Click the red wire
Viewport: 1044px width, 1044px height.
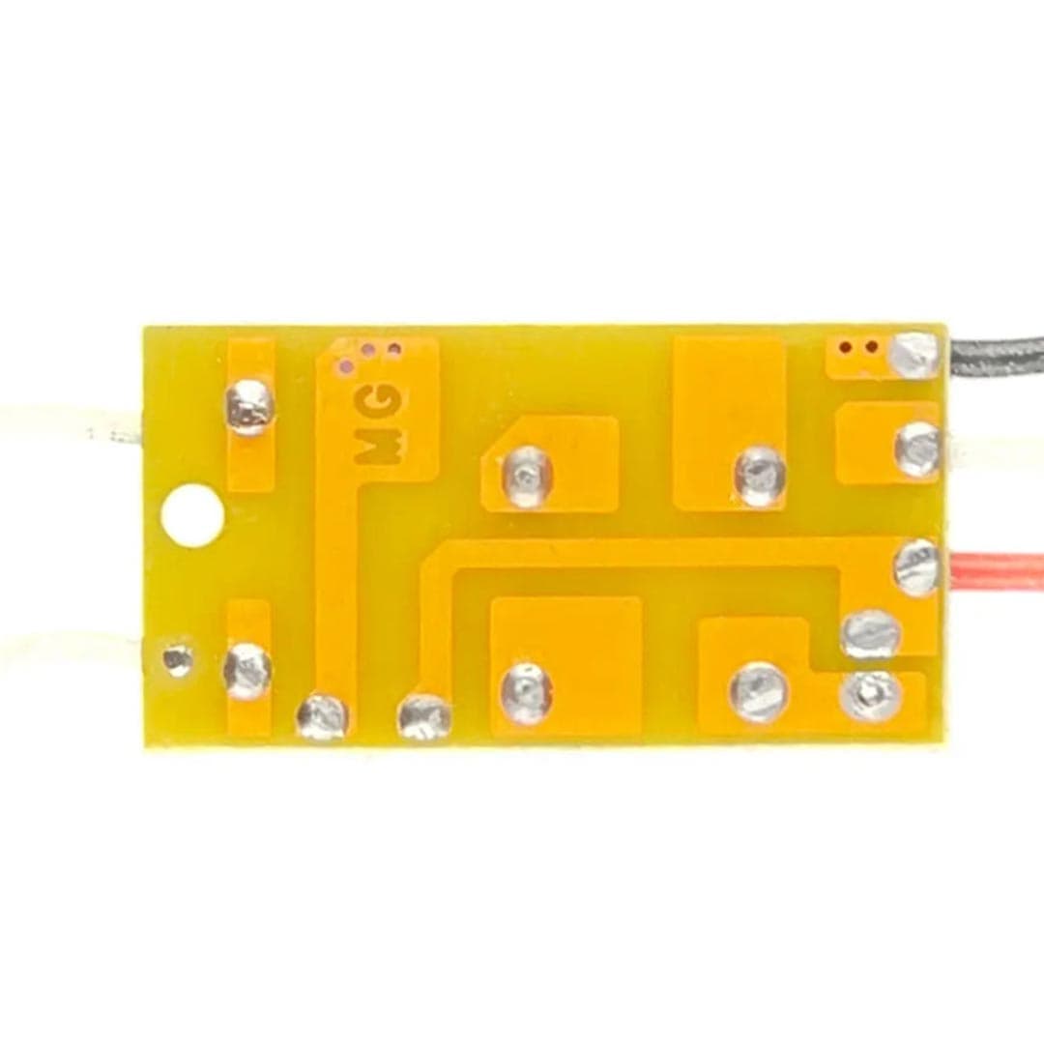pos(997,570)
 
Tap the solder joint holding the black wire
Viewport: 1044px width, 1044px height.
pos(916,356)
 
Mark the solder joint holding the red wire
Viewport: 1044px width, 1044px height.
pos(916,568)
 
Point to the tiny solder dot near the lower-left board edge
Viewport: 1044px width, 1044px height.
pos(179,658)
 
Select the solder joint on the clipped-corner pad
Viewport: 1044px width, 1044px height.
pos(528,476)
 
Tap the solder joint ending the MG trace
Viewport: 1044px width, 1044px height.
pos(322,717)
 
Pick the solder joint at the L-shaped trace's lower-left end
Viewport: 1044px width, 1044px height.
pos(424,717)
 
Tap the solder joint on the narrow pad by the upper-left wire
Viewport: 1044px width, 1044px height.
pos(249,406)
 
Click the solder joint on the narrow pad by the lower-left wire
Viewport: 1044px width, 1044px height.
pos(247,670)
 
